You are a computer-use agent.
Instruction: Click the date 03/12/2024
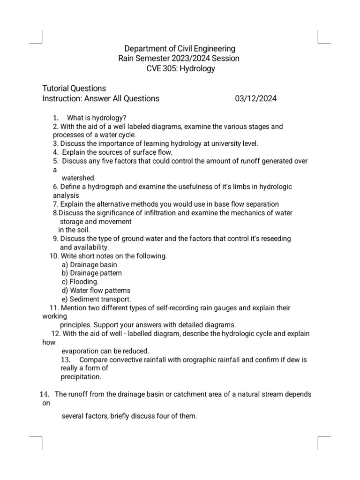click(x=255, y=98)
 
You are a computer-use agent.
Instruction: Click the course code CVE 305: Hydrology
click(x=180, y=69)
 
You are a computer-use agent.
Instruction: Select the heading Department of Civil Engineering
click(x=180, y=49)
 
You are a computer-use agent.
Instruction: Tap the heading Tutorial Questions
click(x=74, y=88)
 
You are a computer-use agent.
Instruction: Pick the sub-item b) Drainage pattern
click(x=92, y=273)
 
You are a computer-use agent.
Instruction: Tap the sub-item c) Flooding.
click(x=80, y=282)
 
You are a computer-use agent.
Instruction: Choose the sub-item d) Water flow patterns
click(x=96, y=291)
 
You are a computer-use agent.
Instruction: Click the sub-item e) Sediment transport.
click(x=97, y=299)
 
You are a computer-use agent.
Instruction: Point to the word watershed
click(x=79, y=178)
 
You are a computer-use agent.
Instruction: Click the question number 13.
click(x=66, y=360)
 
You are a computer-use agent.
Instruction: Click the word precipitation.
click(x=81, y=376)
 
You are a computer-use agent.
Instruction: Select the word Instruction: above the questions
click(x=62, y=98)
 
